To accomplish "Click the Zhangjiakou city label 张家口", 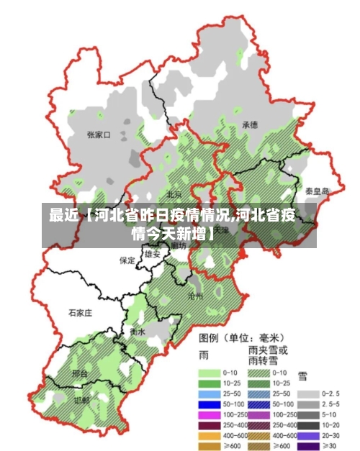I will [x=98, y=135].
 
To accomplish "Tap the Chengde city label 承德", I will [x=250, y=124].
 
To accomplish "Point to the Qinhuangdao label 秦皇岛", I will [x=316, y=191].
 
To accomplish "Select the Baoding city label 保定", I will [x=127, y=260].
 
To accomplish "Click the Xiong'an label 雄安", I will [x=152, y=254].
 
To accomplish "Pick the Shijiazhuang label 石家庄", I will [x=80, y=313].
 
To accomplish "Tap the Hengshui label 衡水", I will [x=138, y=332].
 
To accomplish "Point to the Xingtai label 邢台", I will [x=80, y=374].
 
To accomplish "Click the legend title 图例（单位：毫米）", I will [x=241, y=337].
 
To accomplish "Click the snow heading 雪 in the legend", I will [x=302, y=375].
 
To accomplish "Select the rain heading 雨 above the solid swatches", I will [x=203, y=355].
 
